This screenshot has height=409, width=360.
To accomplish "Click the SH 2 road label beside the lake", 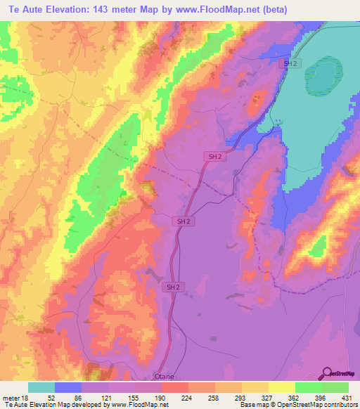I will [x=290, y=64].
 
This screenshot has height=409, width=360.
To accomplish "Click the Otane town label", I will [x=166, y=377].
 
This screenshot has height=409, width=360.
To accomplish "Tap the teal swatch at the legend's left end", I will [x=41, y=387].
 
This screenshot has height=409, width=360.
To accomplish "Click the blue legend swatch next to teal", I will [x=68, y=387].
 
